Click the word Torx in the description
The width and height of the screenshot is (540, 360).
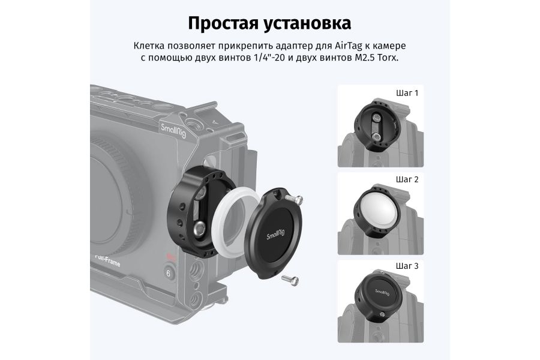pos(388,58)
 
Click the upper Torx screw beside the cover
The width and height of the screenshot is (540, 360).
pos(295,199)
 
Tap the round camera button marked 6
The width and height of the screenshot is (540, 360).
pos(170,273)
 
